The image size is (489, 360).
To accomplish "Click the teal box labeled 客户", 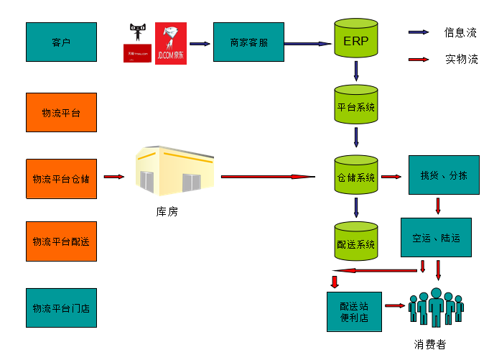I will (61, 42).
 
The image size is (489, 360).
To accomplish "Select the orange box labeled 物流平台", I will (61, 112).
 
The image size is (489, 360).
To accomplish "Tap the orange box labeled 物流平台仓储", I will (61, 178).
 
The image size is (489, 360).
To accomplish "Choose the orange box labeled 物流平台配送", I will (61, 241).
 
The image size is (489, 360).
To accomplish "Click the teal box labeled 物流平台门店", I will (61, 308).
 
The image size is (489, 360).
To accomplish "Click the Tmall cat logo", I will (137, 43).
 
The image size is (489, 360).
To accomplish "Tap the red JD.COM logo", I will (171, 43).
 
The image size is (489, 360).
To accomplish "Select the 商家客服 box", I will (249, 42).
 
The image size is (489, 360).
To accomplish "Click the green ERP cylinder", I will (356, 40).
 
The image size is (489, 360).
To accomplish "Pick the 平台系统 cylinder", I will (356, 106).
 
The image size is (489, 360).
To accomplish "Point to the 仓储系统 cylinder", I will (356, 176).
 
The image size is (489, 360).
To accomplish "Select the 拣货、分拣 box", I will (443, 175).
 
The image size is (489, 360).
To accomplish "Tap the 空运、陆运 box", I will (436, 237).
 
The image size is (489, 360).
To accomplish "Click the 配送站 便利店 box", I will (354, 312).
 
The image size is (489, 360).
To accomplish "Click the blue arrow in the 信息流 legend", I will (419, 32).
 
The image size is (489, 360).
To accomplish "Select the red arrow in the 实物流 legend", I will (419, 60).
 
